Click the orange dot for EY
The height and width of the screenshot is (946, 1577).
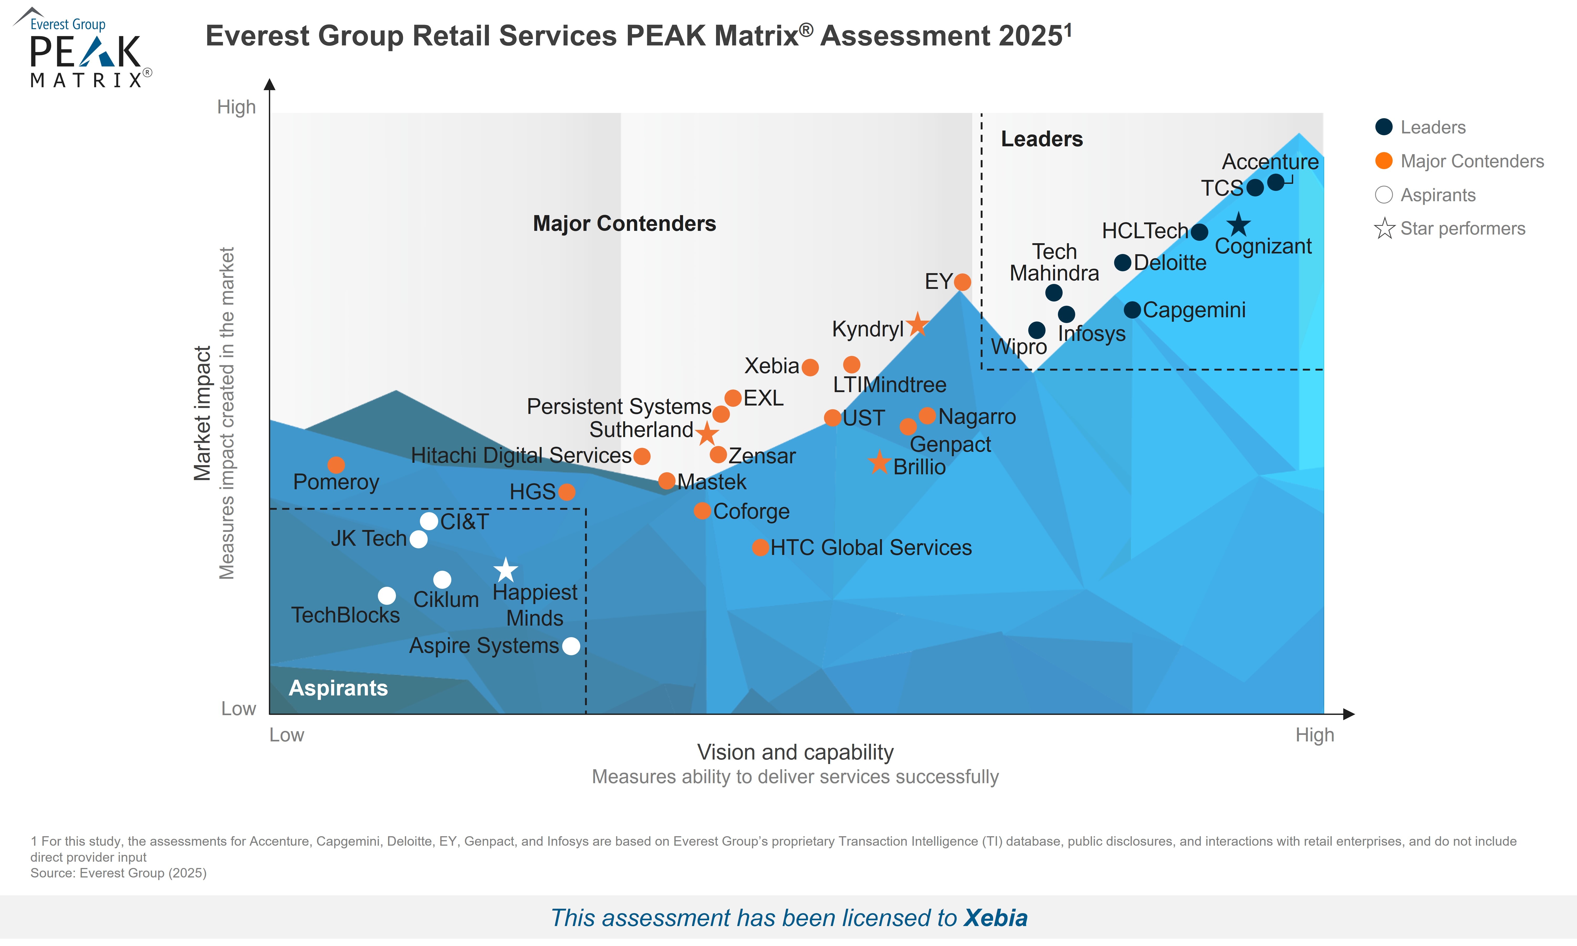point(962,282)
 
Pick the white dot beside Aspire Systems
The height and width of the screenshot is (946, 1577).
point(572,646)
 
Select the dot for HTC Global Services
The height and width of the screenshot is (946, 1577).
point(760,548)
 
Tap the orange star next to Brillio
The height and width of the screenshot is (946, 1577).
point(879,462)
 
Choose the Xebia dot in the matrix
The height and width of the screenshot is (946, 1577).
point(810,367)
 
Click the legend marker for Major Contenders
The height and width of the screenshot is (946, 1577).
point(1383,161)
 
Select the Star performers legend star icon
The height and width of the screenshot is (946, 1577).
point(1384,228)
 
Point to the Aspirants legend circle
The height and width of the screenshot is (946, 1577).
point(1383,194)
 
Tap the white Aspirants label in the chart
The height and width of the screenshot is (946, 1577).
point(338,688)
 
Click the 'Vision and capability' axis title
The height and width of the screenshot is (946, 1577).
point(795,752)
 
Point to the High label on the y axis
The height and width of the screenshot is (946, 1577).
point(236,107)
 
